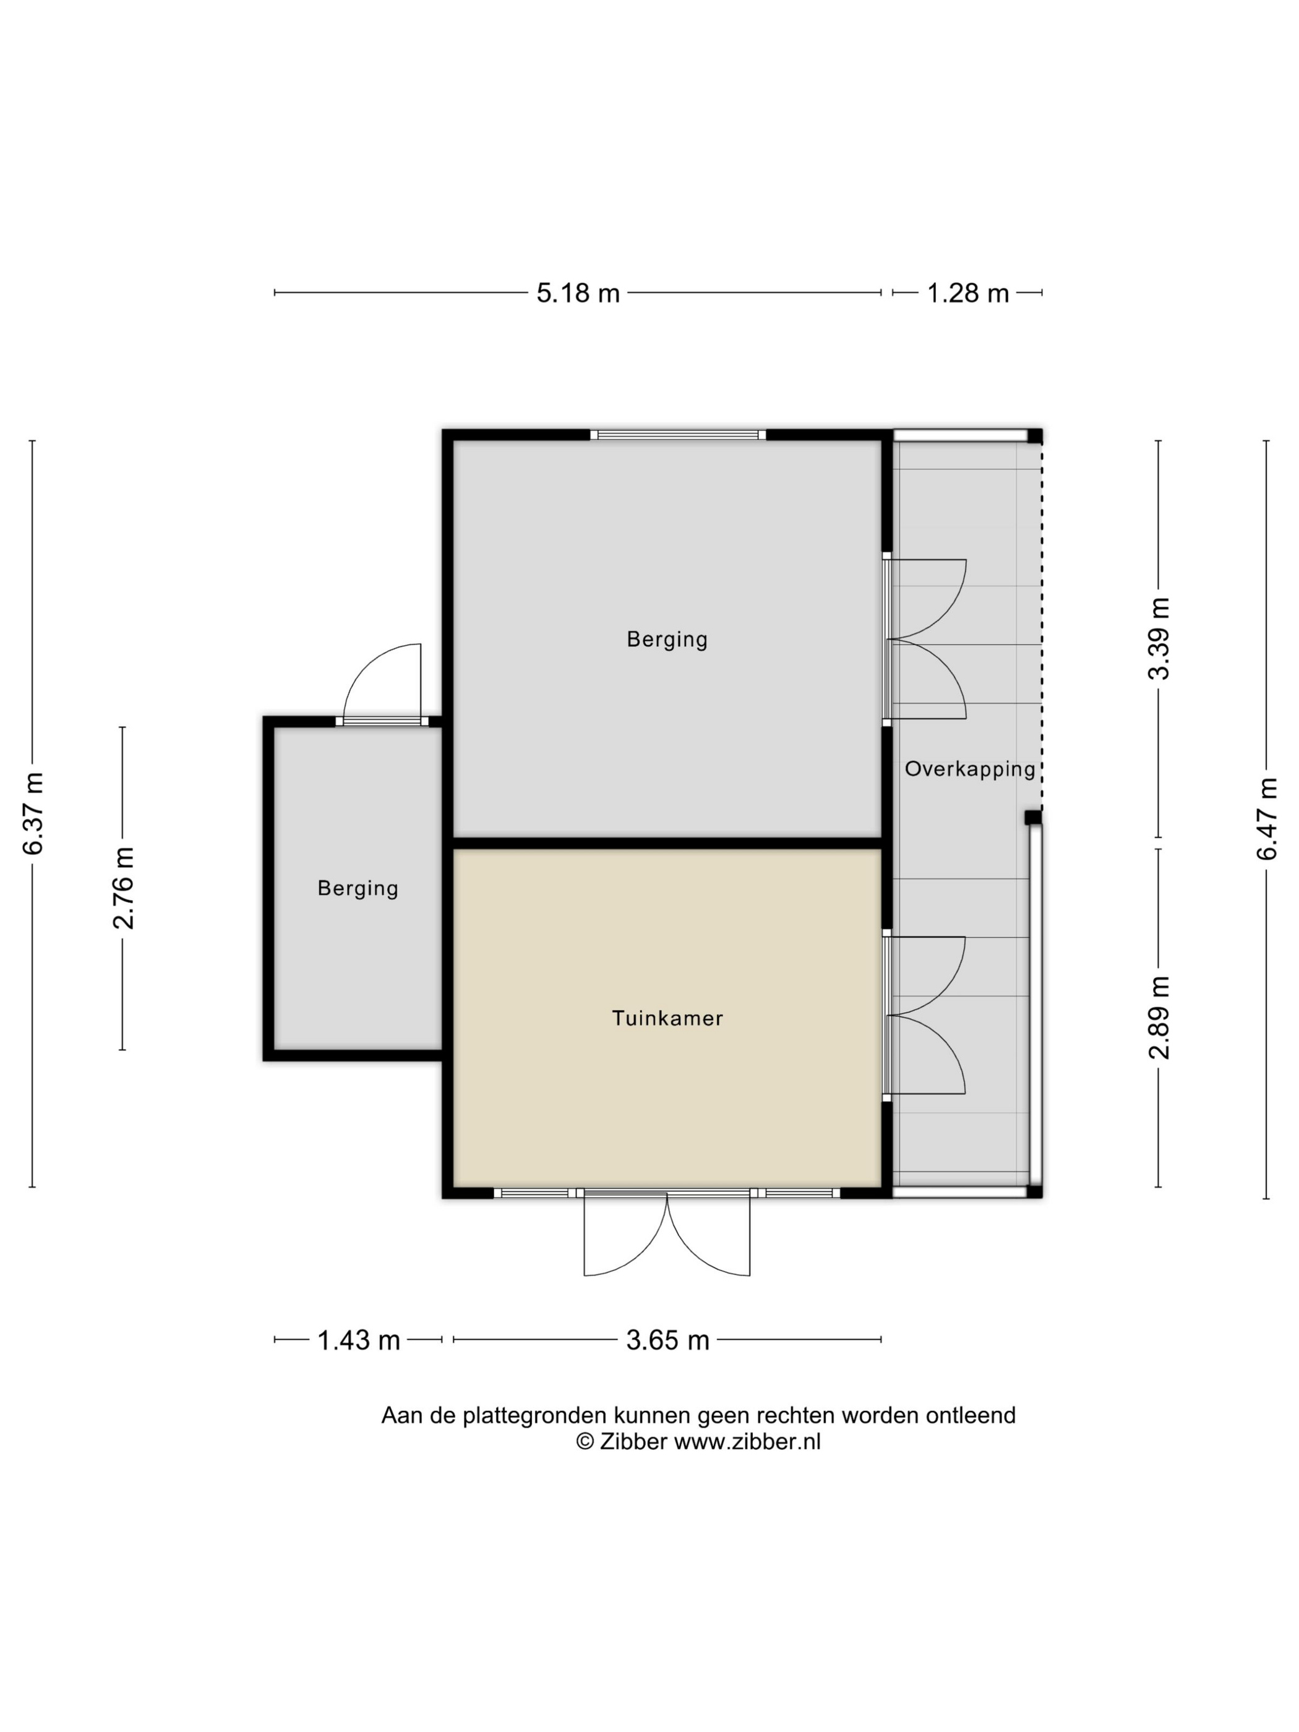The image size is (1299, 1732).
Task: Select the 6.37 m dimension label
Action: click(x=33, y=813)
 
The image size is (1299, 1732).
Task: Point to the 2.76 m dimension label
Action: click(x=124, y=888)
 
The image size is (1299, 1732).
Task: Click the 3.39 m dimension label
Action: click(x=1159, y=638)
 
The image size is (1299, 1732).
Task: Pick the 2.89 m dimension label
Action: click(x=1159, y=1017)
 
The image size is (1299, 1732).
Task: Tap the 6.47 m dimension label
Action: click(x=1267, y=818)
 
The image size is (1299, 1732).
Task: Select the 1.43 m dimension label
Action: click(x=359, y=1340)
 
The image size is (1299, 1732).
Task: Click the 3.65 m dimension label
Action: click(x=667, y=1340)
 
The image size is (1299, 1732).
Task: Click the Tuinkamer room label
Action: click(x=667, y=1018)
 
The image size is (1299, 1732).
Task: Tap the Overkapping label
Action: click(x=970, y=769)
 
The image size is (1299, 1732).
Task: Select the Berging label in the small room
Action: click(x=358, y=889)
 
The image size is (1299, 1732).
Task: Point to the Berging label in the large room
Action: click(x=667, y=640)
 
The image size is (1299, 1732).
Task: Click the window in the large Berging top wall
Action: click(x=678, y=435)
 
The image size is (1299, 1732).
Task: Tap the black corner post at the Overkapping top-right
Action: click(x=1035, y=436)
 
